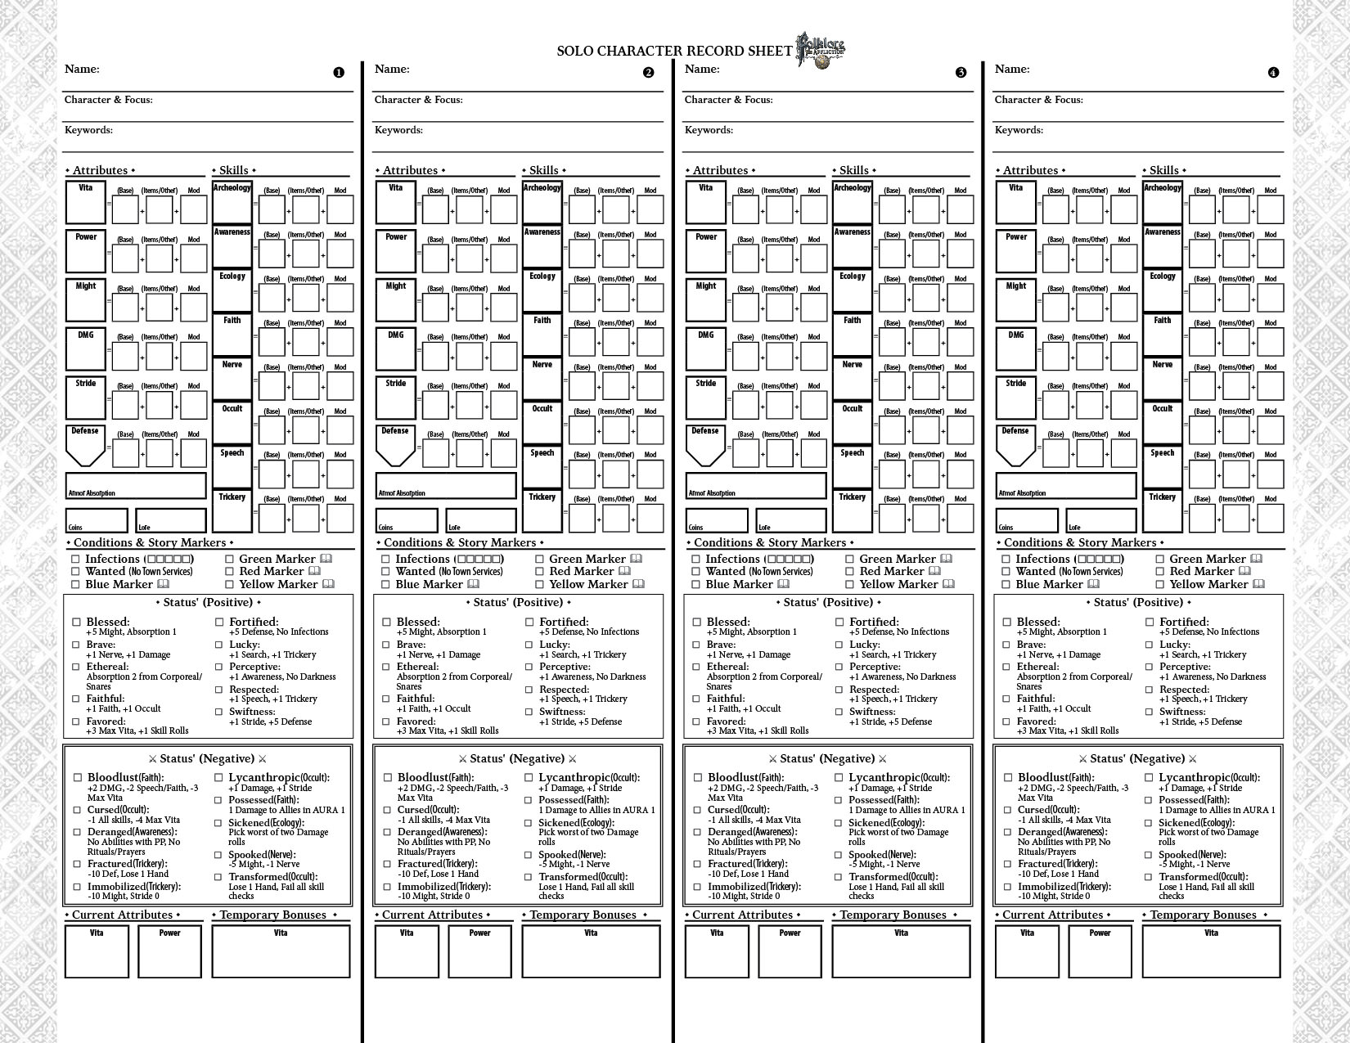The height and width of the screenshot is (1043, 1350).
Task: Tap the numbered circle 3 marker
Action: click(961, 72)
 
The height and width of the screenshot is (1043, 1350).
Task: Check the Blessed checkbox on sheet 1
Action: click(77, 623)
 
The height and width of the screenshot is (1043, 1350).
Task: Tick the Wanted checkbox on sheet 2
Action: click(386, 572)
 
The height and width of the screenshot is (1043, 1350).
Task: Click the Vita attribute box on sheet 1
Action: click(86, 202)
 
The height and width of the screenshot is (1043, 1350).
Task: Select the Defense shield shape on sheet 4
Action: click(1015, 445)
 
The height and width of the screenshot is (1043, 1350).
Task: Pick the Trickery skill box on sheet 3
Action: click(852, 511)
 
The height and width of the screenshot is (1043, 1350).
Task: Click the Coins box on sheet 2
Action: click(407, 520)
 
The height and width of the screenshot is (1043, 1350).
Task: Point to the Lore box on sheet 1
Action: click(170, 520)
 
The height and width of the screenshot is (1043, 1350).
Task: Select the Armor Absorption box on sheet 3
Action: click(755, 486)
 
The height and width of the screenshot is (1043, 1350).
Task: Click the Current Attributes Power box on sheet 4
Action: click(1100, 951)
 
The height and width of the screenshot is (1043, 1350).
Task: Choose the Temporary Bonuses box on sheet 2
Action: click(591, 951)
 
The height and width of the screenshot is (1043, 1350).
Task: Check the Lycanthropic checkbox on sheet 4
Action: click(1149, 778)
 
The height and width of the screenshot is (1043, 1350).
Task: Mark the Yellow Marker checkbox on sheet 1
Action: click(230, 585)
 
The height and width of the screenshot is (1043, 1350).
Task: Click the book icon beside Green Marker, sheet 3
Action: click(946, 559)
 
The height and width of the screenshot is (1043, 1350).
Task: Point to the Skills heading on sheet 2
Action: click(543, 170)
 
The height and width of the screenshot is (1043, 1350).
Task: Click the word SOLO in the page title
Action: click(574, 51)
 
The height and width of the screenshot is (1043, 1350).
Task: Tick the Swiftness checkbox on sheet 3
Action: click(839, 712)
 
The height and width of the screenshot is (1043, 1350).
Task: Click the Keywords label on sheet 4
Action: click(1017, 130)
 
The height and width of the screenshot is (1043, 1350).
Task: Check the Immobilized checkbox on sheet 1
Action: click(78, 887)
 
